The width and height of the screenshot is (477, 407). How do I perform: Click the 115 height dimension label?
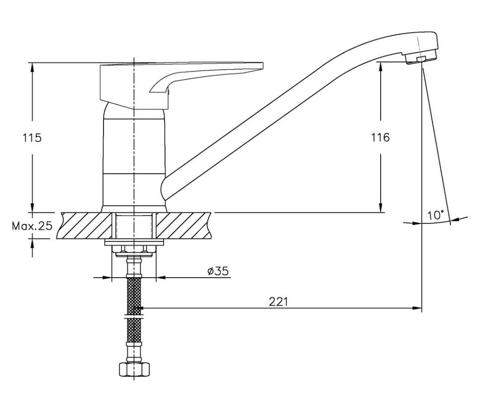pyautogui.click(x=32, y=138)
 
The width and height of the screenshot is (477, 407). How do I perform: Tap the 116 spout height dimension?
pyautogui.click(x=380, y=137)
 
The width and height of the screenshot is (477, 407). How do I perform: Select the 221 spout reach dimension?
pyautogui.click(x=278, y=302)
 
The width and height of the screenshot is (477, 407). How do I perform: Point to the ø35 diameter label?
pyautogui.click(x=218, y=271)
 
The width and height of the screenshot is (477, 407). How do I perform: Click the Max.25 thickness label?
pyautogui.click(x=32, y=226)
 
